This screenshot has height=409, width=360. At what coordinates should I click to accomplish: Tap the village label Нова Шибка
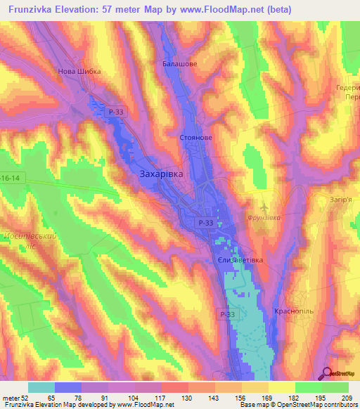(79, 71)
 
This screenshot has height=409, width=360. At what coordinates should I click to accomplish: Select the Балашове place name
(179, 63)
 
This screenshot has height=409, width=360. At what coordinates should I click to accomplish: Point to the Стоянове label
(196, 138)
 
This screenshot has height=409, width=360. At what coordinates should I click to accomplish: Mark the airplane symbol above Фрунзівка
(264, 207)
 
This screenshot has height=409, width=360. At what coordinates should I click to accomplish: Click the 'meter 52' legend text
(14, 398)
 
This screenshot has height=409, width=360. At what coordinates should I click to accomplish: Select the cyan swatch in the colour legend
(41, 387)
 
